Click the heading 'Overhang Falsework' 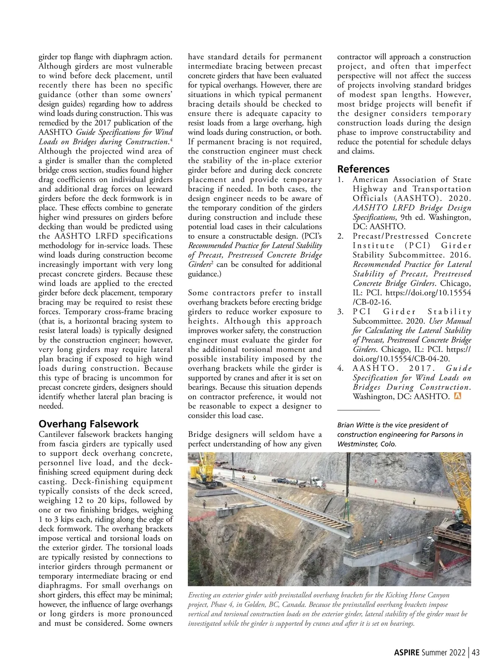click(88, 424)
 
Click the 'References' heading click(363, 169)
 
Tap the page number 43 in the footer click(475, 652)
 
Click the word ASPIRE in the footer click(406, 652)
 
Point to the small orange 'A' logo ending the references click(457, 396)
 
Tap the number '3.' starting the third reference click(341, 312)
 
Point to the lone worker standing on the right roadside click(414, 500)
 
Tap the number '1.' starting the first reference click(341, 180)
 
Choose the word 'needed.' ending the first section click(51, 406)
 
